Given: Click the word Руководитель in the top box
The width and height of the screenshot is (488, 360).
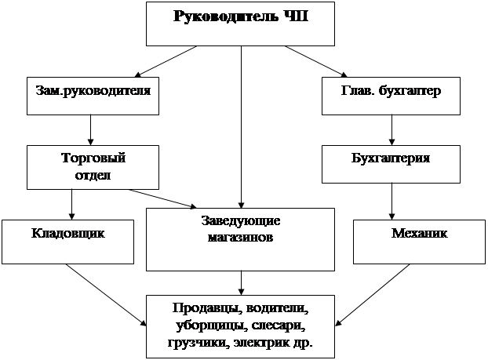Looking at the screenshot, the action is tap(226, 16).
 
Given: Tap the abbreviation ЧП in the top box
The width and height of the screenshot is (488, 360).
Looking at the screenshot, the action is tap(296, 16).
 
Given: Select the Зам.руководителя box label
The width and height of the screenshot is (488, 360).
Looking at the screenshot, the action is tap(93, 91).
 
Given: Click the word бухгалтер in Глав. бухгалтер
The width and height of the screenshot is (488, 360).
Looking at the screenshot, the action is tap(410, 91).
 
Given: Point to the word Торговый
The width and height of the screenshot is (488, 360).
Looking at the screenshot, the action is tap(93, 158).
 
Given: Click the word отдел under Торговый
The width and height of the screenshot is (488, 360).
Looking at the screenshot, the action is tap(93, 175).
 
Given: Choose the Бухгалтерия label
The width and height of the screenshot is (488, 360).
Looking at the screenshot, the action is tap(391, 158).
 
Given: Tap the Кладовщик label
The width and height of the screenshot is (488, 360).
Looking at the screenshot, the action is tap(67, 234).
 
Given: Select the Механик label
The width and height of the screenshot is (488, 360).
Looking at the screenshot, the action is tap(419, 233).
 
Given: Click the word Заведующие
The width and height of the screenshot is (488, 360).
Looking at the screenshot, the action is tap(241, 221).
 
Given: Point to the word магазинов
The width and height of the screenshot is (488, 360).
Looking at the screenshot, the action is tap(240, 238).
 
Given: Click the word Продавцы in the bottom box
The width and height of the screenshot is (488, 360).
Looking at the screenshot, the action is tap(207, 309).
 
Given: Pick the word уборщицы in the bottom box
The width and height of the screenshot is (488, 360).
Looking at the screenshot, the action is tap(211, 326).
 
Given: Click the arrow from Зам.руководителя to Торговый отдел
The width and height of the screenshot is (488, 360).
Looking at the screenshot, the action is tap(90, 130).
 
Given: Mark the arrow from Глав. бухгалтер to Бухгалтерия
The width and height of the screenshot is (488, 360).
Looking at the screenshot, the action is tap(391, 130).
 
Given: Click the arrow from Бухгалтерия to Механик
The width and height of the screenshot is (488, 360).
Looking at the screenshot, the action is tap(391, 202).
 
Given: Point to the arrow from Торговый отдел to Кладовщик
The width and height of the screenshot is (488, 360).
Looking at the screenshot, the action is tap(72, 205).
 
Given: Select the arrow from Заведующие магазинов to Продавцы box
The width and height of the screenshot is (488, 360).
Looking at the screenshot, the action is tap(241, 283).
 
